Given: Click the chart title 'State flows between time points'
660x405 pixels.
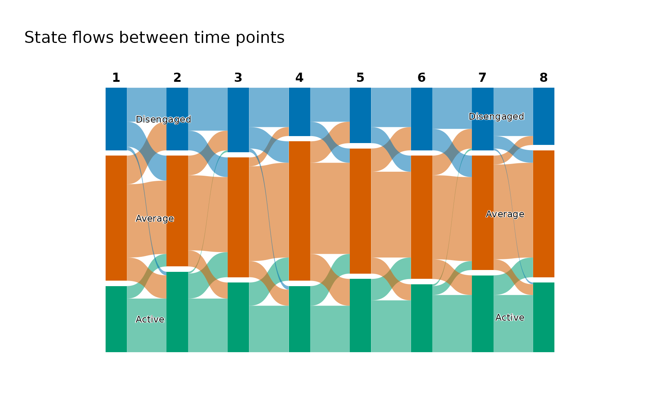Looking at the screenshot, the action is (x=154, y=37).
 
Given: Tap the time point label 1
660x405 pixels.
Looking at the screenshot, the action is (x=116, y=78).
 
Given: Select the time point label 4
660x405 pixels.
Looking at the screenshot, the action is (x=300, y=78).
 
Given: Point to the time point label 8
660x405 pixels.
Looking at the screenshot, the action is (x=544, y=78).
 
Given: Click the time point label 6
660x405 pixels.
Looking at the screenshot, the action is (x=422, y=78).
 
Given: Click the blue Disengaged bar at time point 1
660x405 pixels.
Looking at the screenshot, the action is (x=116, y=119).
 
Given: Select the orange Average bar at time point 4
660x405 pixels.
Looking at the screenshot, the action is (x=300, y=211).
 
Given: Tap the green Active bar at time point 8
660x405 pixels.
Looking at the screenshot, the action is (x=544, y=317).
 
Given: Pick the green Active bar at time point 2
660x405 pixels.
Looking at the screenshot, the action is (x=177, y=312).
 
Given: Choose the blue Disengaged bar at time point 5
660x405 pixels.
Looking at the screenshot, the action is (x=360, y=115).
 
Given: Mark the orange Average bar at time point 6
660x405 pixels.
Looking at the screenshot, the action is (x=422, y=217).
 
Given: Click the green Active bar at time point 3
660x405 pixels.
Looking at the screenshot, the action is (x=238, y=317).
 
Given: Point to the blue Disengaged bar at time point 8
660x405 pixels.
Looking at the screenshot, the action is (x=544, y=116).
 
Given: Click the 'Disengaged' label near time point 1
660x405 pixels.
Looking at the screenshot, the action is (x=164, y=120).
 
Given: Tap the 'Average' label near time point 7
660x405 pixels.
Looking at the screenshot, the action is (x=505, y=214).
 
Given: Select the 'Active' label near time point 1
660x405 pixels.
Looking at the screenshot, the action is (x=150, y=320).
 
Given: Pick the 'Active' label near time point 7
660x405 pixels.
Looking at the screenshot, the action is (x=510, y=318).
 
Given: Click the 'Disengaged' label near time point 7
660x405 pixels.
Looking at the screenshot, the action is (x=496, y=117).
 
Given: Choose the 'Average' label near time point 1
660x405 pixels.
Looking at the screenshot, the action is (x=155, y=219).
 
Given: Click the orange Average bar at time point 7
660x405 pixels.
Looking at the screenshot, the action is (x=483, y=213).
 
